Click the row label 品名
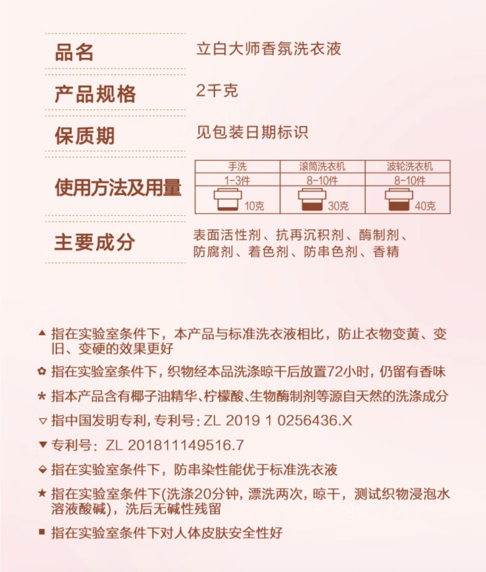pos(75,52)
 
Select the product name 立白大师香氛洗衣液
pos(269,49)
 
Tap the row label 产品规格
pos(95,94)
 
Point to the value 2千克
pos(217,91)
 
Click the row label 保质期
pos(84,135)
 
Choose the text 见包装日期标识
pos(257,132)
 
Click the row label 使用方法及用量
pos(118,188)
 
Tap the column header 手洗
pos(237,167)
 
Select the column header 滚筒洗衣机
pos(322,167)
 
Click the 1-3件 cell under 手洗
pos(237,180)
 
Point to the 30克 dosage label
pos(338,207)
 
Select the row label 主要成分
pos(94,242)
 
